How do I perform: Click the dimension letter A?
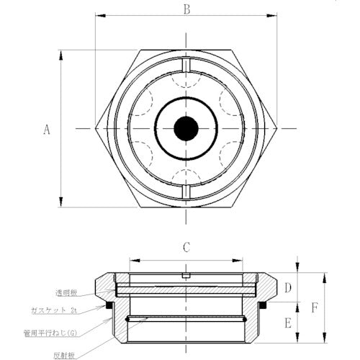pyautogui.click(x=47, y=130)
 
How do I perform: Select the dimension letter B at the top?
pyautogui.click(x=186, y=9)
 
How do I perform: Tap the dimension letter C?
pyautogui.click(x=186, y=248)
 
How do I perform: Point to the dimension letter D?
pyautogui.click(x=287, y=289)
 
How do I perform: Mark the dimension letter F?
pyautogui.click(x=312, y=307)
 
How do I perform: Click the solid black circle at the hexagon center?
pyautogui.click(x=186, y=130)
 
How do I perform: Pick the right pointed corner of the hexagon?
pyautogui.click(x=277, y=130)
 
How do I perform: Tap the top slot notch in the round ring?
pyautogui.click(x=186, y=68)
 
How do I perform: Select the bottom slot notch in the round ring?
pyautogui.click(x=186, y=191)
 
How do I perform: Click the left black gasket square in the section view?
pyautogui.click(x=110, y=306)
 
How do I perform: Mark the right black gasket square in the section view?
pyautogui.click(x=262, y=306)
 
